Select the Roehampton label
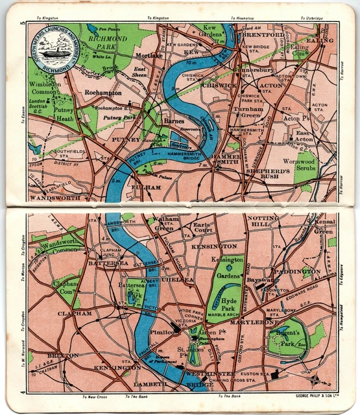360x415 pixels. click(102, 93)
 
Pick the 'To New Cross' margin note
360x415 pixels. click(94, 397)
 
